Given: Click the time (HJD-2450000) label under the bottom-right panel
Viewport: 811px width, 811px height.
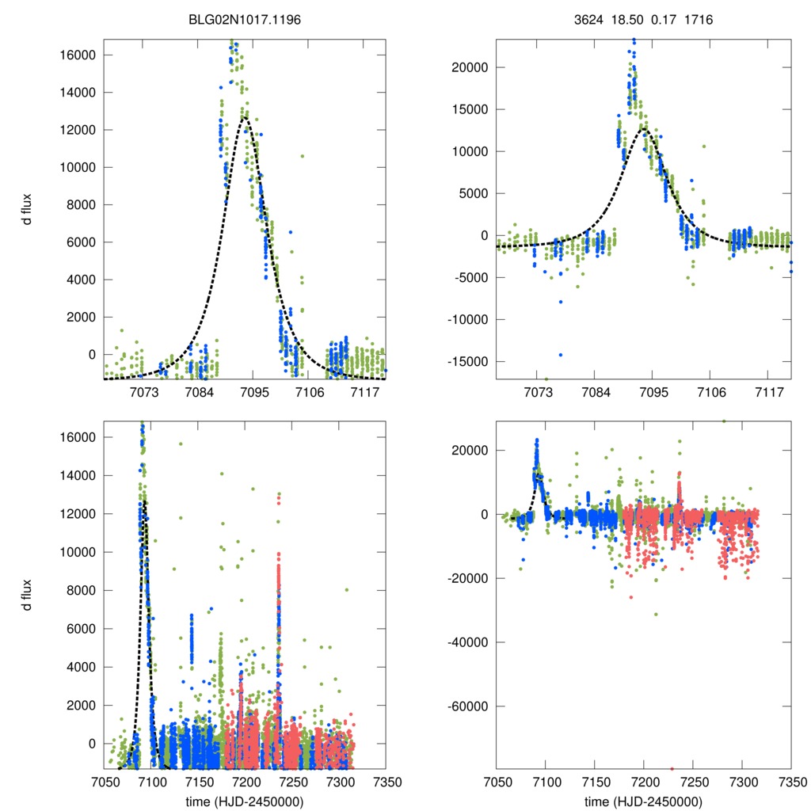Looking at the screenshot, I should point(643,801).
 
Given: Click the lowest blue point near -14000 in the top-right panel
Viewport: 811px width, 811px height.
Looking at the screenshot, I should point(561,354).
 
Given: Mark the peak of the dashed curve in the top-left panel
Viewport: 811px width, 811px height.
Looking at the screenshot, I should point(246,117).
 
